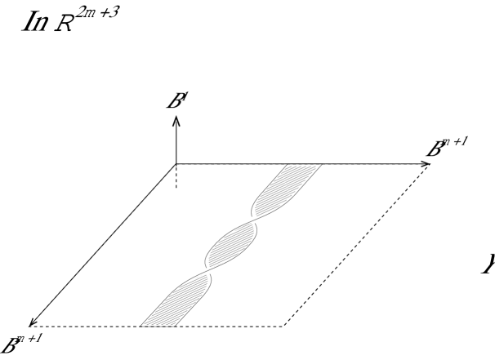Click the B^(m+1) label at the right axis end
click(x=448, y=147)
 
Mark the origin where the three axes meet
click(x=176, y=163)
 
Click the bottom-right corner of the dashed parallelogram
click(x=283, y=327)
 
